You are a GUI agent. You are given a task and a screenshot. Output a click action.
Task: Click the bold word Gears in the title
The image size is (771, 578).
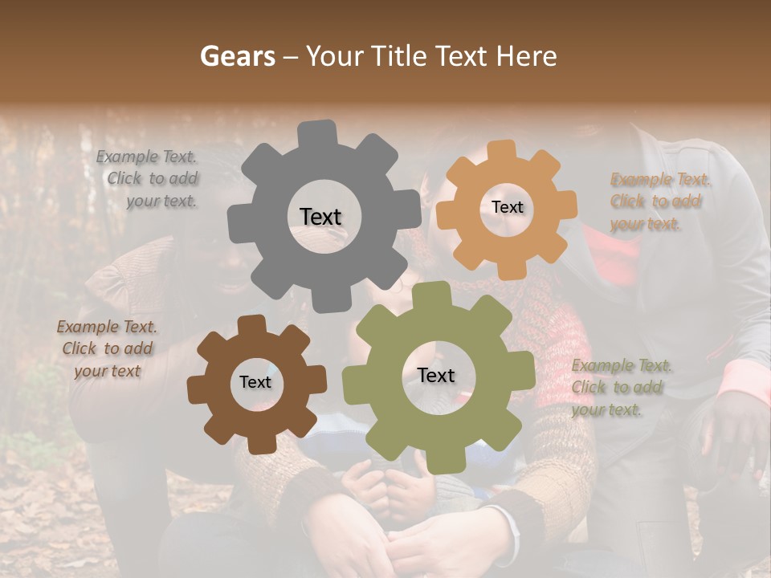pos(237,56)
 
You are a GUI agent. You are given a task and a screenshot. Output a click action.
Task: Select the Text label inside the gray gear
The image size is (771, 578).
pos(320,217)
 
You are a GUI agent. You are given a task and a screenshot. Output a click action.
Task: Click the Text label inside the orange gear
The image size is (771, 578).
pos(507,207)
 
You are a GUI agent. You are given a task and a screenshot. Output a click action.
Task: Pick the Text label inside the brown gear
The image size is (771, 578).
pos(255,382)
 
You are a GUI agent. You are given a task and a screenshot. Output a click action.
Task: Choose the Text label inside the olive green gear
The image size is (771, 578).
pos(436,375)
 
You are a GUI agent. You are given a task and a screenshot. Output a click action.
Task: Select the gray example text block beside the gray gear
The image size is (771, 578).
pos(148,179)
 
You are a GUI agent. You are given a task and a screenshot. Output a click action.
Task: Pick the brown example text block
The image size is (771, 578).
pos(107,348)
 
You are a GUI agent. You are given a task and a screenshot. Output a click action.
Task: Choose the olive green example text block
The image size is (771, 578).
pos(621,388)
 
